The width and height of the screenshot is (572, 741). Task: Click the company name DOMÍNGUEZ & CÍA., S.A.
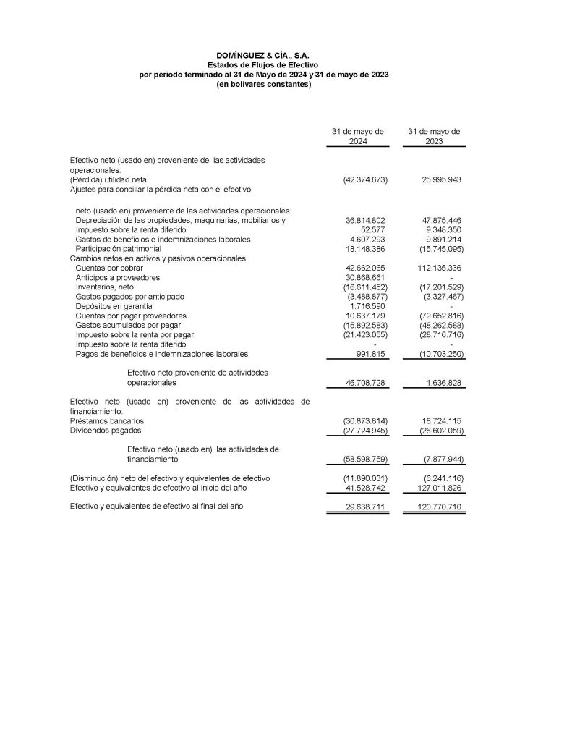click(x=263, y=55)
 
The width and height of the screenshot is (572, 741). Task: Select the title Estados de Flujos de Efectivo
click(x=263, y=65)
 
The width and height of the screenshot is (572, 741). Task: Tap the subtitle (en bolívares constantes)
click(x=263, y=85)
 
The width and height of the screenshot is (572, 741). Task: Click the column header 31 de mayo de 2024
click(x=357, y=137)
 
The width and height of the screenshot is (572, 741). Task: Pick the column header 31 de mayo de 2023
click(x=434, y=137)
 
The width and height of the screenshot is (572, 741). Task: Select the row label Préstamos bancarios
click(x=106, y=420)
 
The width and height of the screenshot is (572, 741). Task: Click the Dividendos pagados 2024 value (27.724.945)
click(x=365, y=431)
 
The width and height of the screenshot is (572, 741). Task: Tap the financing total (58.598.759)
click(x=365, y=460)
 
